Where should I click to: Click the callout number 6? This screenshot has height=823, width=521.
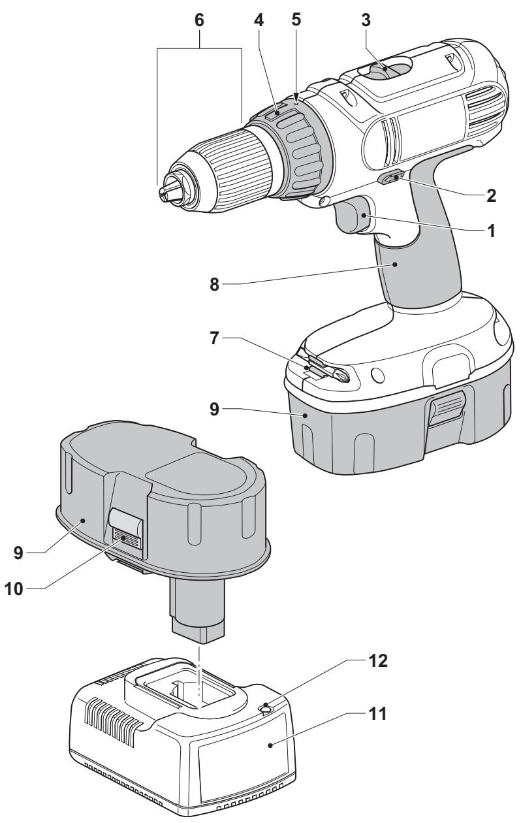point(199,20)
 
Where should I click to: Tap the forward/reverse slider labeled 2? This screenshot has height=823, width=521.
point(394,179)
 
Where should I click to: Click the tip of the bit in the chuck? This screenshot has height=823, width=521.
point(163,190)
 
